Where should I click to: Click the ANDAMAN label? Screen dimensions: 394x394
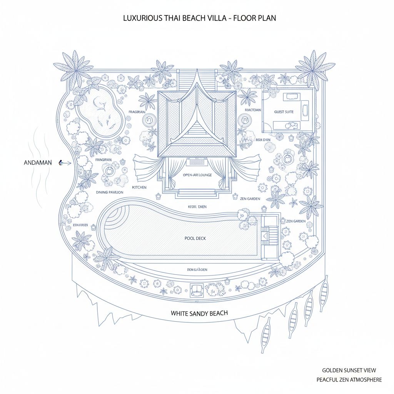[x=37, y=163]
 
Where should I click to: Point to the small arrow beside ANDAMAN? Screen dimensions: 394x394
[x=65, y=163]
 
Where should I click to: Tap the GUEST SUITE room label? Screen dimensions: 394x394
[x=284, y=112]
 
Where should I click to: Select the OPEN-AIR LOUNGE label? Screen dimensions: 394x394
[x=197, y=175]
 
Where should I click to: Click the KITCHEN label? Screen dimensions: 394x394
[x=139, y=187]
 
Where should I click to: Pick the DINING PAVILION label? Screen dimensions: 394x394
[x=110, y=192]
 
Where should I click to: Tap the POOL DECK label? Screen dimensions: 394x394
[x=195, y=239]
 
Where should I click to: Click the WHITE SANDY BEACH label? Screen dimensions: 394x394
[x=199, y=313]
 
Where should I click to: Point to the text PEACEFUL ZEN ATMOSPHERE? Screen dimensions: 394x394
[x=349, y=380]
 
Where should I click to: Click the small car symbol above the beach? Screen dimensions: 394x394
[x=197, y=288]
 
